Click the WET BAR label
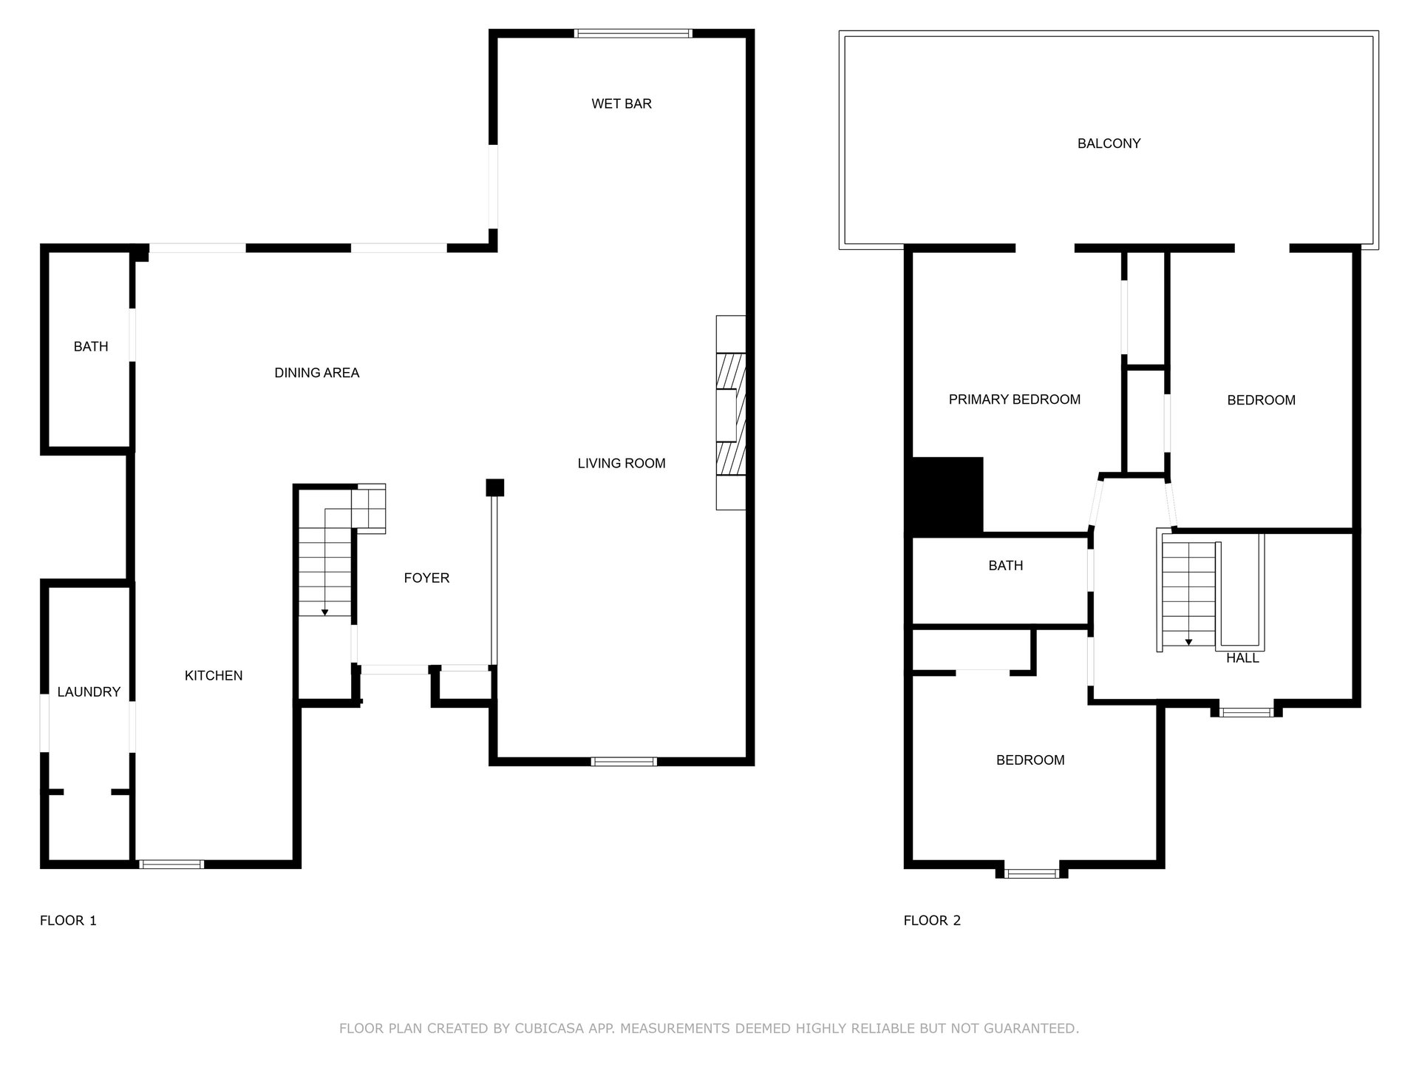[x=622, y=104]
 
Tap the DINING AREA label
[x=316, y=373]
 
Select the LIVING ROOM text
[x=622, y=464]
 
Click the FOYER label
[x=426, y=578]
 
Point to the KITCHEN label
[x=214, y=676]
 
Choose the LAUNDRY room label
[x=89, y=692]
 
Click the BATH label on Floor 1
[x=91, y=347]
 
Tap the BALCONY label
[x=1109, y=144]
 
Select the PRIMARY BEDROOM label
[x=1014, y=400]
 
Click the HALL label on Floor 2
[x=1242, y=658]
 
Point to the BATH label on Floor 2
[x=1005, y=566]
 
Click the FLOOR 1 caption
[x=68, y=921]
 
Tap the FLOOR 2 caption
[x=932, y=921]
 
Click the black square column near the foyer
[x=494, y=488]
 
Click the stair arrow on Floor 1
[x=324, y=612]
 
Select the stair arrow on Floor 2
[x=1188, y=641]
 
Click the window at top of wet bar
[x=633, y=33]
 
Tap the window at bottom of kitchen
[x=171, y=864]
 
